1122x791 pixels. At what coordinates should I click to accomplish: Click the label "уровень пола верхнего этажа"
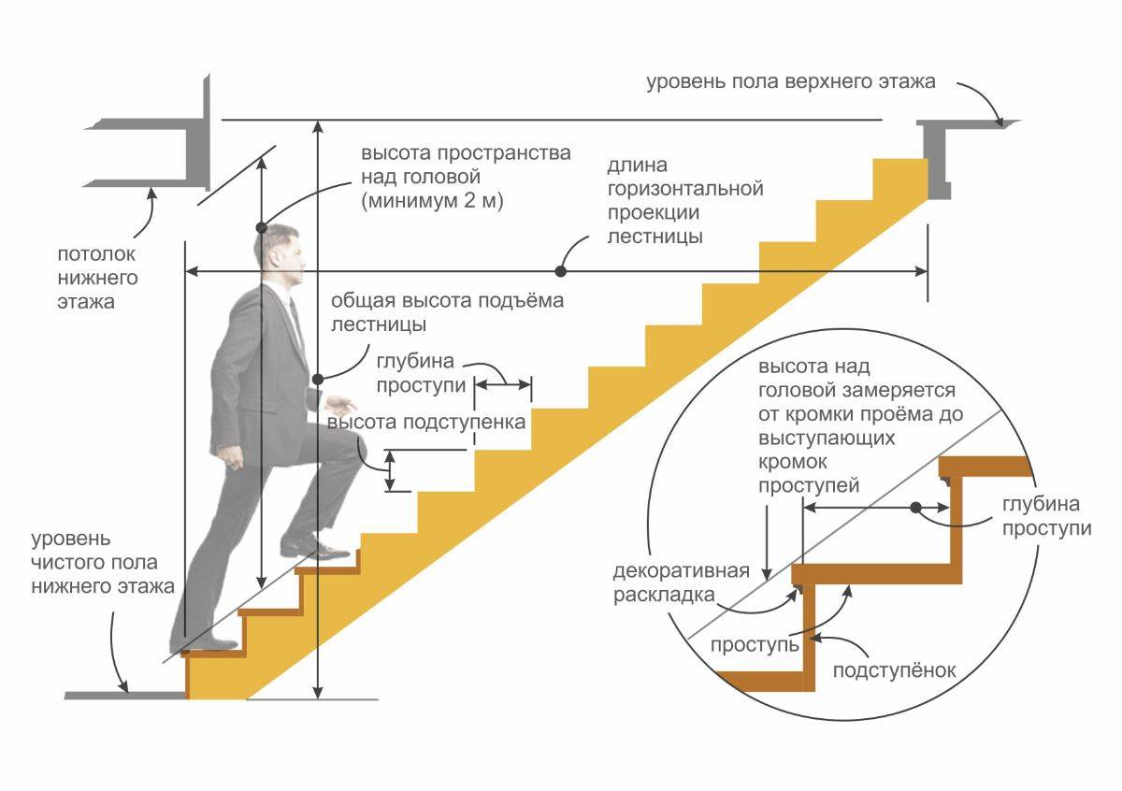click(x=790, y=81)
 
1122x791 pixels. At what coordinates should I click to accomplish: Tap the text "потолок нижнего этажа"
click(x=98, y=278)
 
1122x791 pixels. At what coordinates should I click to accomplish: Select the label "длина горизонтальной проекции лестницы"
click(x=684, y=201)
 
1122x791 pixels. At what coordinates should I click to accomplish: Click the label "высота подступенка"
click(x=426, y=422)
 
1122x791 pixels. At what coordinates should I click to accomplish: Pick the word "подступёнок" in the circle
click(x=895, y=670)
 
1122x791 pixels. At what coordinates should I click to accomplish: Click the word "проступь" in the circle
click(x=755, y=645)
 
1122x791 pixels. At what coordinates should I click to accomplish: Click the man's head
click(x=278, y=255)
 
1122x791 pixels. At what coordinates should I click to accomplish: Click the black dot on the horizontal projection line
click(x=560, y=271)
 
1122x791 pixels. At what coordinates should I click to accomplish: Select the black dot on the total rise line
click(x=318, y=379)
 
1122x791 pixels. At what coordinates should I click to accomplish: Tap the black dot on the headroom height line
click(x=262, y=227)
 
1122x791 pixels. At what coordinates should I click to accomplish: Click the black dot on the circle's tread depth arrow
click(x=916, y=507)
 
